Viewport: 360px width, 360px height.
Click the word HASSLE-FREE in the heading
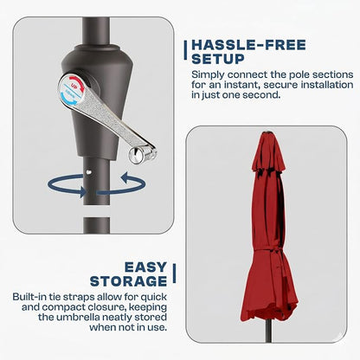click(248, 45)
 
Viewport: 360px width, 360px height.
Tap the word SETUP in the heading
click(218, 59)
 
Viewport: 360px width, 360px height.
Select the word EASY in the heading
click(145, 267)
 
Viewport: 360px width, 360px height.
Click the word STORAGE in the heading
click(128, 281)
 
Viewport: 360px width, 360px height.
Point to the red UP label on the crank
click(74, 87)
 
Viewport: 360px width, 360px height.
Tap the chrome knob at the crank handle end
click(137, 155)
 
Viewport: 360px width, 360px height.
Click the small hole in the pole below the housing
click(89, 172)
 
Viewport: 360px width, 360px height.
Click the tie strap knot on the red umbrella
click(275, 250)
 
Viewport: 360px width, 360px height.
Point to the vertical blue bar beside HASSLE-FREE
click(185, 50)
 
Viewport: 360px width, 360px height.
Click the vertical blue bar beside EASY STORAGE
click(174, 273)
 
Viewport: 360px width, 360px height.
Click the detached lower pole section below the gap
click(96, 225)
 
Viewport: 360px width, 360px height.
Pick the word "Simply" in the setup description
click(208, 75)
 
